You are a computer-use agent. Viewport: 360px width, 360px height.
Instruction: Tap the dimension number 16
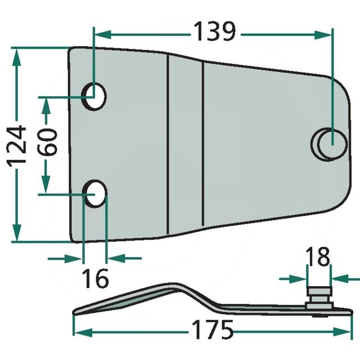(x=95, y=279)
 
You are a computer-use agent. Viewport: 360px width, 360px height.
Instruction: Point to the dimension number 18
(x=318, y=258)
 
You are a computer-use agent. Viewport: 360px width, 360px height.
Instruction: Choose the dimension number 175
(x=211, y=331)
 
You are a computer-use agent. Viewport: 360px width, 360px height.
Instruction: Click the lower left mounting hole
(x=96, y=193)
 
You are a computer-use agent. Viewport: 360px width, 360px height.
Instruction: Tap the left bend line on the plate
(x=168, y=144)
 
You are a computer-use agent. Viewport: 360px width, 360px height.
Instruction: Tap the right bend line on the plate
(x=203, y=144)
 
